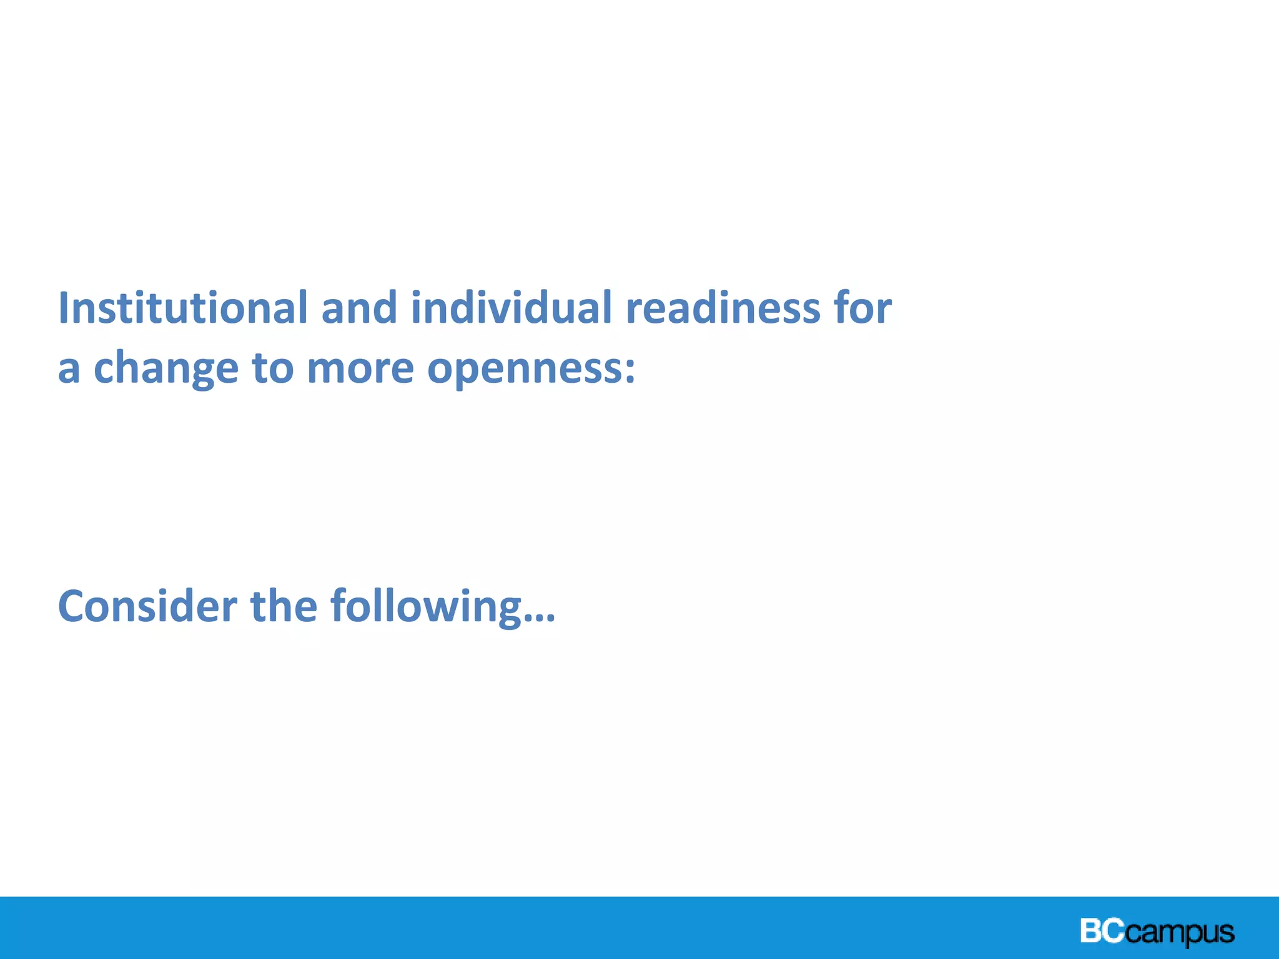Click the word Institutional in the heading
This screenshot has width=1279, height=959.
[182, 308]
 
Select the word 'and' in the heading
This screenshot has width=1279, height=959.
[359, 308]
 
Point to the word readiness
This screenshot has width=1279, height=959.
[723, 308]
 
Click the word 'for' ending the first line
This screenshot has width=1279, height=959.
[862, 308]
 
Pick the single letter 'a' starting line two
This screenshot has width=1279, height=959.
[69, 368]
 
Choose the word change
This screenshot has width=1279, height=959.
[165, 368]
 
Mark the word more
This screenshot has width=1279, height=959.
[360, 368]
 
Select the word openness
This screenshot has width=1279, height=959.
[523, 368]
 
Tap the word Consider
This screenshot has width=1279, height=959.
[147, 606]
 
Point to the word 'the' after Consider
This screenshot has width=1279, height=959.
[284, 606]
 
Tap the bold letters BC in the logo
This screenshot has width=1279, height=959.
[1102, 930]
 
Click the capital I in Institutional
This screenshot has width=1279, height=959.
[63, 308]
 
